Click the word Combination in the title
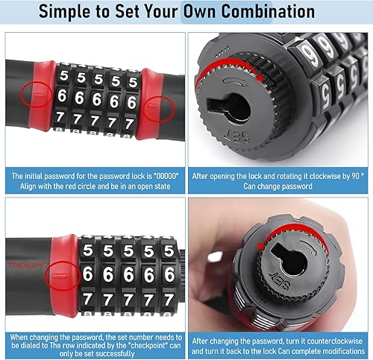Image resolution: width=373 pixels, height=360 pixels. (268, 11)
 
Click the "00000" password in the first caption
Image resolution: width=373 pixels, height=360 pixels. (166, 176)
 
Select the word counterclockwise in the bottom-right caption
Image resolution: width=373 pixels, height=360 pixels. (335, 341)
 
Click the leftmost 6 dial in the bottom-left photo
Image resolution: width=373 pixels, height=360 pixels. (87, 274)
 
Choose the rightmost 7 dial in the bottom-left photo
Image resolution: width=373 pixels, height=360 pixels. (169, 300)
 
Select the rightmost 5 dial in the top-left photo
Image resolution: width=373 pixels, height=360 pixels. (133, 82)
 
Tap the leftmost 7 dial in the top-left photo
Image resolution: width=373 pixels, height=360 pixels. (60, 117)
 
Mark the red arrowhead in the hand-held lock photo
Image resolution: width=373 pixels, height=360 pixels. (260, 247)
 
